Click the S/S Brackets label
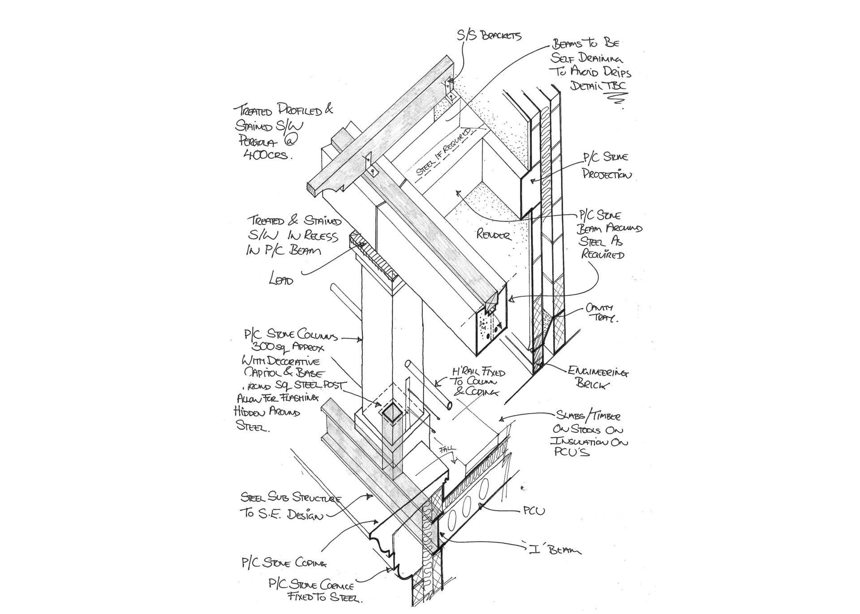coord(489,34)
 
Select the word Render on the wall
coord(494,234)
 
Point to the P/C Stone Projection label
coord(606,166)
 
